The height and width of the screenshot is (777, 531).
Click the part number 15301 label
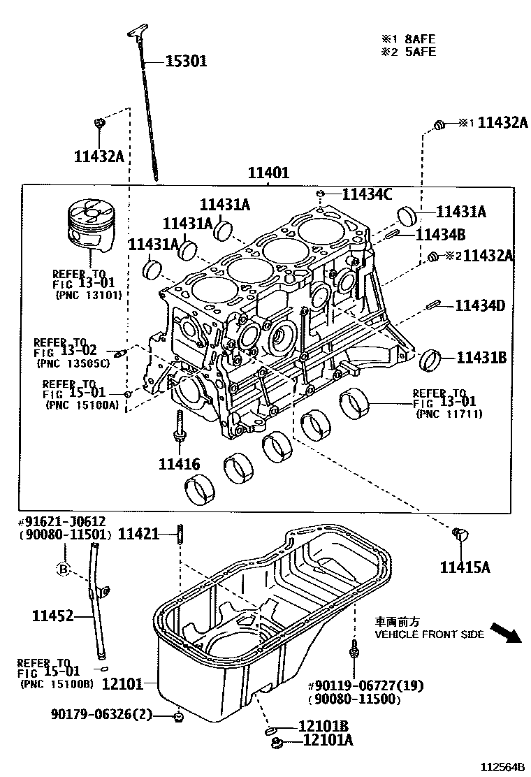[186, 61]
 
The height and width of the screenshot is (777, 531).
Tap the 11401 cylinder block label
[267, 174]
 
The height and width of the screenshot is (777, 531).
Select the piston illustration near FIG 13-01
[90, 226]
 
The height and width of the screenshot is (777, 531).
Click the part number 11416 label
[179, 464]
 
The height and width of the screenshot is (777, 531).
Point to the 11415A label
[465, 567]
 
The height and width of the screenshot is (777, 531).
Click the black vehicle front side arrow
[504, 632]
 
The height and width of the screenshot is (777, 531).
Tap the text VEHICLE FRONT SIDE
[429, 634]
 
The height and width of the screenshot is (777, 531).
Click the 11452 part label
[52, 616]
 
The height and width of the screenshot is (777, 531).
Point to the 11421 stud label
[139, 535]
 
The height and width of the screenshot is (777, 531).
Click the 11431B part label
[481, 358]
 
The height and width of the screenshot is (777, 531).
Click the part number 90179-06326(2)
[101, 713]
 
